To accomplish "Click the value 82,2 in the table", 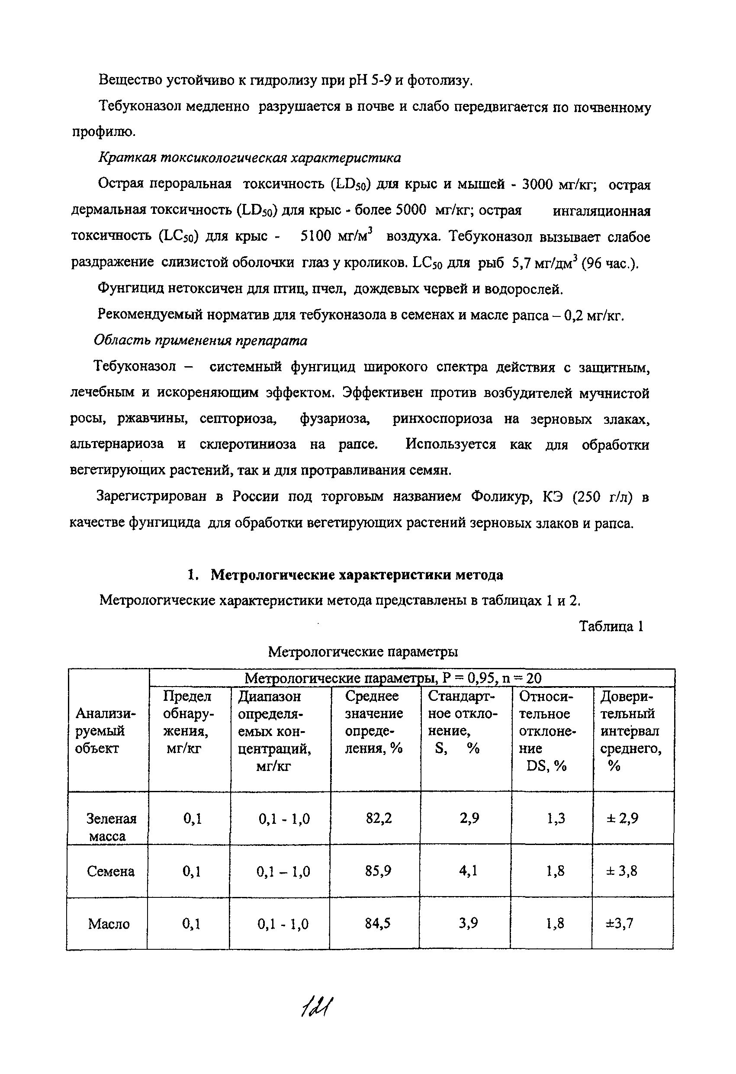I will pyautogui.click(x=379, y=819).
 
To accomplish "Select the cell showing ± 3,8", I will pyautogui.click(x=621, y=871).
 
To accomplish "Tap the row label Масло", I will pyautogui.click(x=109, y=924).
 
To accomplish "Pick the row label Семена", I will pyautogui.click(x=110, y=871).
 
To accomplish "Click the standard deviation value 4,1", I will pyautogui.click(x=468, y=871).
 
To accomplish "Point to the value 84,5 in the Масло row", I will pyautogui.click(x=377, y=923).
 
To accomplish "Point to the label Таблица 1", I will pyautogui.click(x=611, y=626).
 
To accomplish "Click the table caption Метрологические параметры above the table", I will pyautogui.click(x=363, y=651).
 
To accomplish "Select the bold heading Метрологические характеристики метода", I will pyautogui.click(x=357, y=575).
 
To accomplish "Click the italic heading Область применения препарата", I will pyautogui.click(x=200, y=341).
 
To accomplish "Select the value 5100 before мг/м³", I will pyautogui.click(x=316, y=236).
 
